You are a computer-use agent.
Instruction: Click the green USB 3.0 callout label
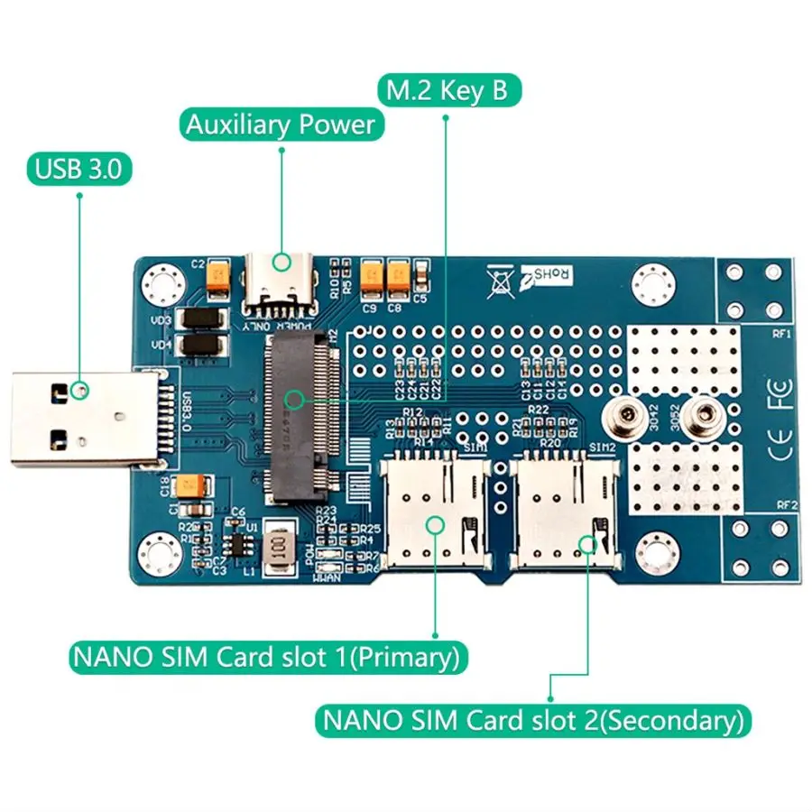[x=79, y=169]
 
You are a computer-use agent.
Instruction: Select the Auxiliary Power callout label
[x=281, y=125]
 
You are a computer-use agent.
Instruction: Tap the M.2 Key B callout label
[x=448, y=91]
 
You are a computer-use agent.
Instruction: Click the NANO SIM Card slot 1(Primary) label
[x=268, y=657]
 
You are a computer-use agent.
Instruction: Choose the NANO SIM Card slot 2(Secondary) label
[x=533, y=721]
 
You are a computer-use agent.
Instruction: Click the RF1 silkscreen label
[x=781, y=333]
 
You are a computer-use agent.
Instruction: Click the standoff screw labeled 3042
[x=619, y=416]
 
